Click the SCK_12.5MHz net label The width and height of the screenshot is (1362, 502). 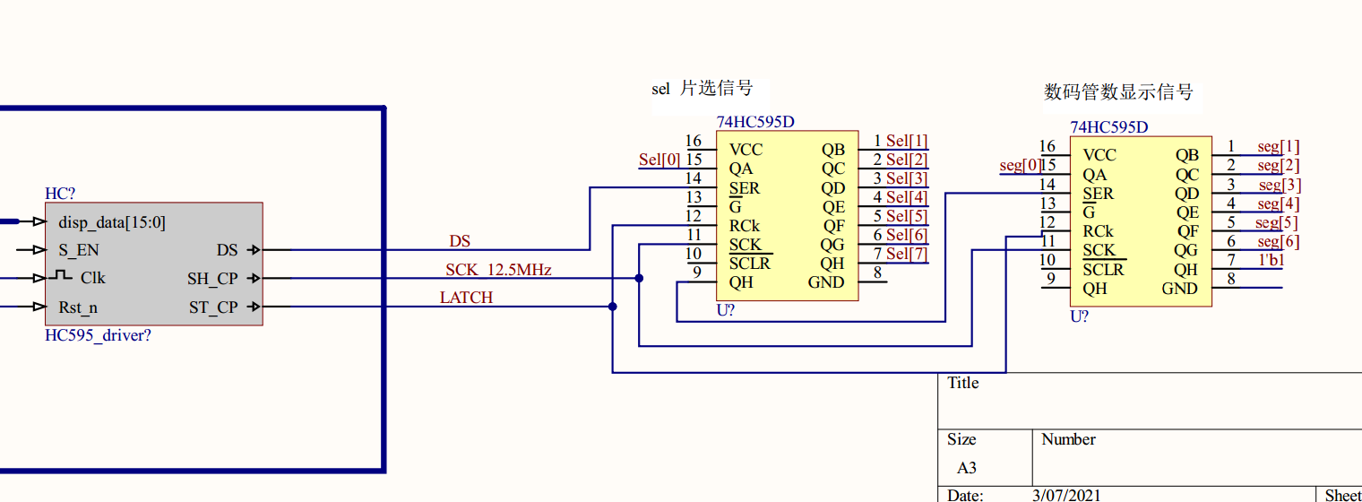point(498,270)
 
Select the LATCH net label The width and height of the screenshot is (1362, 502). point(466,298)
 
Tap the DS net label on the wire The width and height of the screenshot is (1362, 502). point(460,241)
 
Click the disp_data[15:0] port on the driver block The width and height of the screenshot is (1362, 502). point(112,222)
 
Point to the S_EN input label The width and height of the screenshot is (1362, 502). point(78,250)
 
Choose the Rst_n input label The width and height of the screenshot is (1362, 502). point(78,307)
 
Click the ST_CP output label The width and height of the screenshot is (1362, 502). point(213,307)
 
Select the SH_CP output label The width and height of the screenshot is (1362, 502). point(212,279)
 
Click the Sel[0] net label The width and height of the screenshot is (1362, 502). point(659,160)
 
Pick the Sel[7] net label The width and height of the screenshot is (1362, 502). point(906,254)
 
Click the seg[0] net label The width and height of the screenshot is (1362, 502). point(1019,165)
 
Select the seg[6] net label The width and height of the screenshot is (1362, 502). point(1278,242)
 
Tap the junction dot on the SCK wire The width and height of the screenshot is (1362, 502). point(639,278)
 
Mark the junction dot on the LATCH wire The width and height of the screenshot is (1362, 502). point(612,307)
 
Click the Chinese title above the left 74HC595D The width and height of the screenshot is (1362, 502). point(702,88)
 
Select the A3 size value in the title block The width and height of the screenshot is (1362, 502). point(966,468)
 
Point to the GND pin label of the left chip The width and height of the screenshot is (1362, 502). point(825,282)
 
